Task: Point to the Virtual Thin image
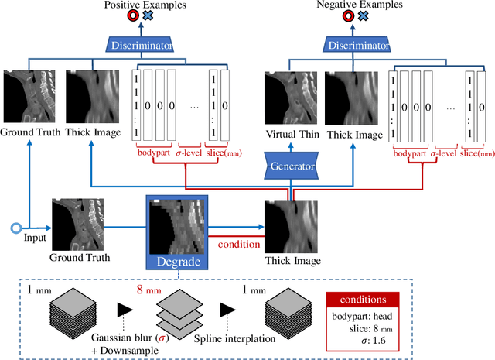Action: pos(290,97)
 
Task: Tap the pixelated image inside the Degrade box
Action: pos(179,225)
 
